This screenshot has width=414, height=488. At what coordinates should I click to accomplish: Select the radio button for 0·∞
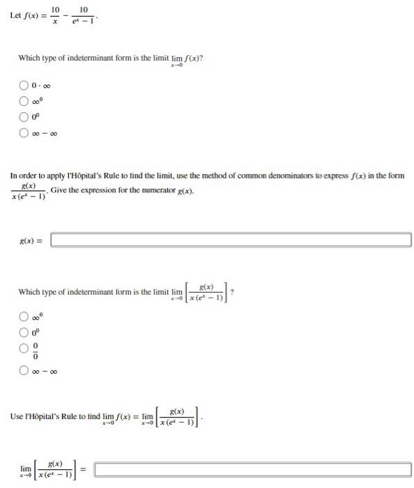coord(23,85)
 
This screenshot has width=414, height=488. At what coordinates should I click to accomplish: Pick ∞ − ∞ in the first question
coord(23,131)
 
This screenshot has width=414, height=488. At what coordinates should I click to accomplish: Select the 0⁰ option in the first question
coord(23,116)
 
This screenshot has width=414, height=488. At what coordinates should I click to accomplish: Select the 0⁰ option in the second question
coord(23,332)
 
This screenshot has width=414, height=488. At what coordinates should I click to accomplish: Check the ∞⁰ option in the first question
coord(23,100)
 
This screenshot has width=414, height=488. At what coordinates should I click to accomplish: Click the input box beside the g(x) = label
coord(231,240)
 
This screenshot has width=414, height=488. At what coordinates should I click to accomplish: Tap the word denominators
coord(295,176)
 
